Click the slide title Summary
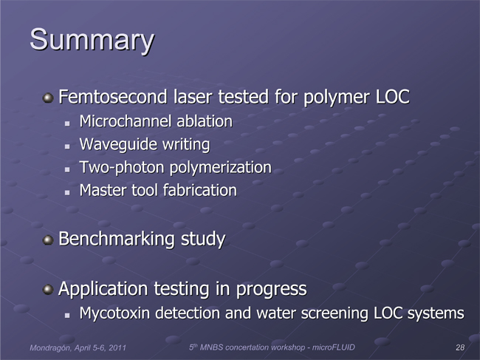pos(92,41)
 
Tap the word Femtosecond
pos(113,97)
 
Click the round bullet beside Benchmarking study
pos(48,240)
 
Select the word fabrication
pos(199,190)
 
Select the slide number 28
pos(460,347)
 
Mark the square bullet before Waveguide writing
pos(67,146)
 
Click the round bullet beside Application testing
pos(48,290)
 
